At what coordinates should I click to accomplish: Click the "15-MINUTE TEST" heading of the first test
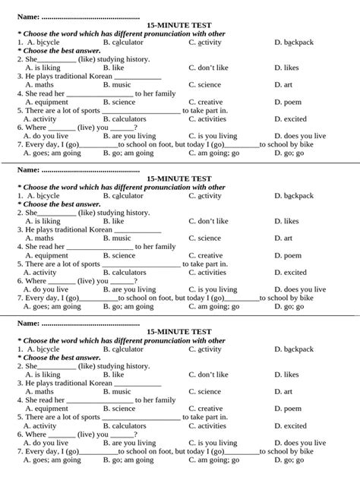[x=179, y=25]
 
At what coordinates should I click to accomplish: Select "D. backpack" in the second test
[x=294, y=195]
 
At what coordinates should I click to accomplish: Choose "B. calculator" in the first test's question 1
[x=123, y=42]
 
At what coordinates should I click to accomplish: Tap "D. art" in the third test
[x=283, y=391]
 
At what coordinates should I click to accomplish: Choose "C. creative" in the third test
[x=206, y=409]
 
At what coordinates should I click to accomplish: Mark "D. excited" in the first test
[x=290, y=118]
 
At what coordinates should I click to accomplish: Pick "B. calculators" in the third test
[x=125, y=425]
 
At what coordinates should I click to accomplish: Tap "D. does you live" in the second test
[x=300, y=289]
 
